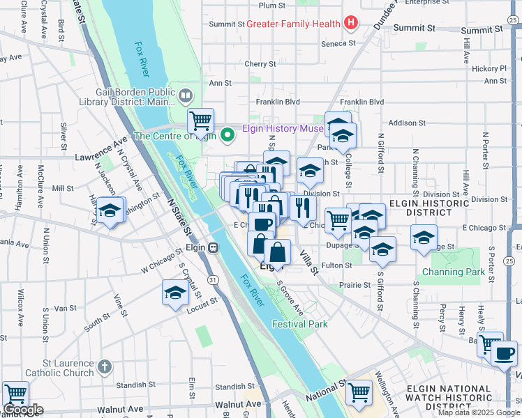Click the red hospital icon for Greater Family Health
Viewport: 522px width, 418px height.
coord(350,24)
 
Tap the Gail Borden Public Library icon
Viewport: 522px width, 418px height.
coord(186,95)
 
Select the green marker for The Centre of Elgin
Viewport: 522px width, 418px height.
coord(227,135)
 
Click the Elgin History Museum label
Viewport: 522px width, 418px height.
coord(282,128)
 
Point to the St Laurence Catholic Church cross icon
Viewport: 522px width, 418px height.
coord(104,365)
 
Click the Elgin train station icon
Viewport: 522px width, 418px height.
coord(213,247)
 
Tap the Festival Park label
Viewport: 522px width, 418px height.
coord(299,324)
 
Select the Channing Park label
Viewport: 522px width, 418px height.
coord(453,272)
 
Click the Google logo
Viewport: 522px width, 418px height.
coord(24,410)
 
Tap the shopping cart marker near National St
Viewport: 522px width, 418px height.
coord(359,392)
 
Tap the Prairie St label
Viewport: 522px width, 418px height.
coord(356,285)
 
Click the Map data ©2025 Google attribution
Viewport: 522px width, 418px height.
coord(479,412)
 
